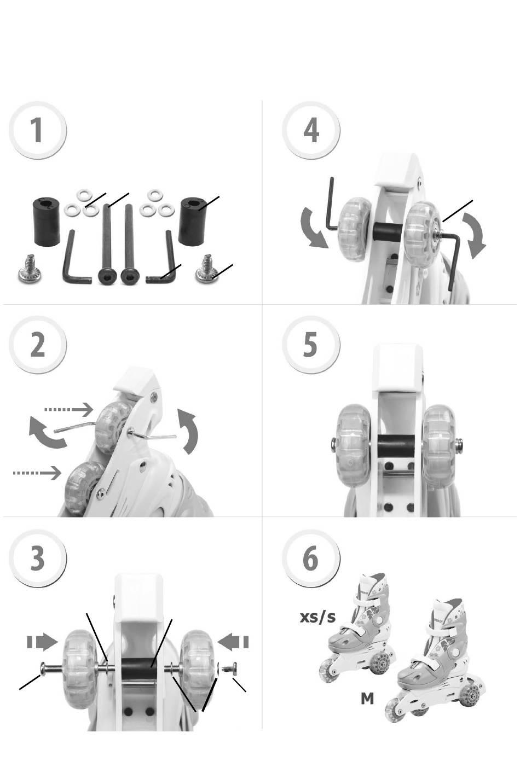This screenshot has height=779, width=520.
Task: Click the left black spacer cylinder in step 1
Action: point(47,222)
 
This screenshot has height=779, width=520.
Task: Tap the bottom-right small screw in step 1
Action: point(207,268)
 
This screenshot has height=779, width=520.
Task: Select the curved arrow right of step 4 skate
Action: point(474,236)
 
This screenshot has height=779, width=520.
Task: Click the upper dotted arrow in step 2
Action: point(69,409)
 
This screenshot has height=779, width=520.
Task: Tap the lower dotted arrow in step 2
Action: point(37,473)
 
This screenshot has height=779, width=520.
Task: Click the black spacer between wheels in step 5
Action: point(396,446)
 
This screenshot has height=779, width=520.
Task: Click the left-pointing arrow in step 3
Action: point(233,642)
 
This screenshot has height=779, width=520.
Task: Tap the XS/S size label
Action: point(318,617)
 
